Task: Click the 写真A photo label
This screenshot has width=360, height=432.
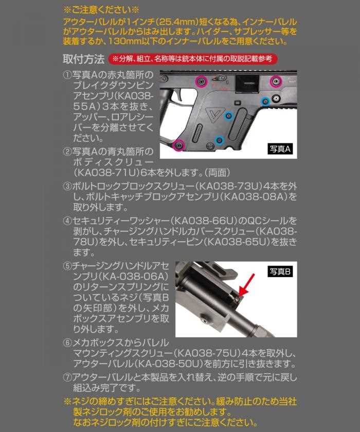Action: tap(280, 149)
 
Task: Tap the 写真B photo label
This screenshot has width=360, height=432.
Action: tap(280, 272)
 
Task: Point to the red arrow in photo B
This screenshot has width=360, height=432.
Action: tap(246, 284)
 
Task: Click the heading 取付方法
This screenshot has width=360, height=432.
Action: tap(83, 59)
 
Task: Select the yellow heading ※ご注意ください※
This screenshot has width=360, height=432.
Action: tap(101, 10)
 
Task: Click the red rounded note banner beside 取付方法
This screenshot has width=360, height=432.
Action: tap(192, 59)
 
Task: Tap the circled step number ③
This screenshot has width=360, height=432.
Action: tap(67, 186)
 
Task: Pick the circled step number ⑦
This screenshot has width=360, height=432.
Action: tap(67, 377)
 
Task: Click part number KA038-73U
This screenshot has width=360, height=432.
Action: tap(229, 186)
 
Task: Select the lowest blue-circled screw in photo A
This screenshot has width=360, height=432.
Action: tap(219, 140)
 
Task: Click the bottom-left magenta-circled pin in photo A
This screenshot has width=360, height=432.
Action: tap(178, 145)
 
